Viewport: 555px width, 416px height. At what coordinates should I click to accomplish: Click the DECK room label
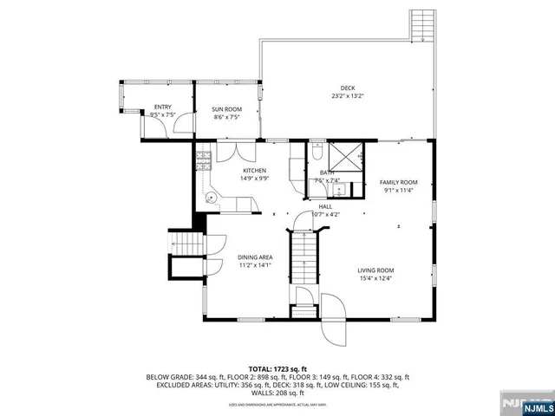pos(348,88)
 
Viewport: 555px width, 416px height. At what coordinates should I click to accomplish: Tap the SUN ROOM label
pos(226,108)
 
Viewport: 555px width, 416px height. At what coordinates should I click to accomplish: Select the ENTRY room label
pos(163,107)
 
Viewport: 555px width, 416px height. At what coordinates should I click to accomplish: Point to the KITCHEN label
pos(254,171)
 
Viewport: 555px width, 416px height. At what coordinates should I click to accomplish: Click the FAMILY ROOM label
pos(399,182)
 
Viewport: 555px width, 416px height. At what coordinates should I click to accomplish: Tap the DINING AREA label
pos(255,257)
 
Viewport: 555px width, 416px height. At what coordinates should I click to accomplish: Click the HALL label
pos(325,206)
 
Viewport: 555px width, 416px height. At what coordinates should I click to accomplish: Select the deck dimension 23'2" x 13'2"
pos(348,95)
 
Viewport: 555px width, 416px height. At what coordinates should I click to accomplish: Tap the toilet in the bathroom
pos(317,154)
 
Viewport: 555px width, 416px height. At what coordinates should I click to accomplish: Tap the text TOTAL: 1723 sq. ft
pos(277,368)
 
